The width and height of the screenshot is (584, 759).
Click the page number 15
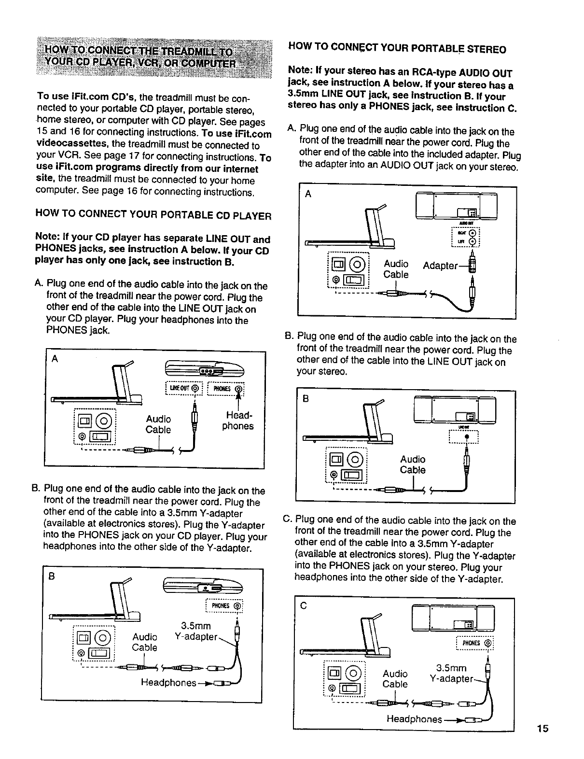click(544, 729)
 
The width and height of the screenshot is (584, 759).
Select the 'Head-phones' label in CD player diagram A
click(237, 421)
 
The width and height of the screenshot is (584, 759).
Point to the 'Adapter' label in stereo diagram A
click(440, 266)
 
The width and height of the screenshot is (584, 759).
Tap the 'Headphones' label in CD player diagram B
click(168, 683)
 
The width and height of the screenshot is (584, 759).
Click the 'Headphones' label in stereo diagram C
click(414, 719)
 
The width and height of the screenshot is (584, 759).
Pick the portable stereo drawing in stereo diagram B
click(455, 409)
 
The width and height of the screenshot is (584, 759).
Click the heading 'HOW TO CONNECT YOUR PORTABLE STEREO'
click(397, 49)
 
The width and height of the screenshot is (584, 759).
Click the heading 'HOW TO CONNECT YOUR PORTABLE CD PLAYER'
click(153, 215)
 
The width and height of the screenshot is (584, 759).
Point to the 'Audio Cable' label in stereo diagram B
click(413, 464)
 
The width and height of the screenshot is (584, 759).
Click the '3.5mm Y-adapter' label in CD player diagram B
click(195, 632)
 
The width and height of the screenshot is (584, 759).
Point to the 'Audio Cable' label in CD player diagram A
click(158, 424)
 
